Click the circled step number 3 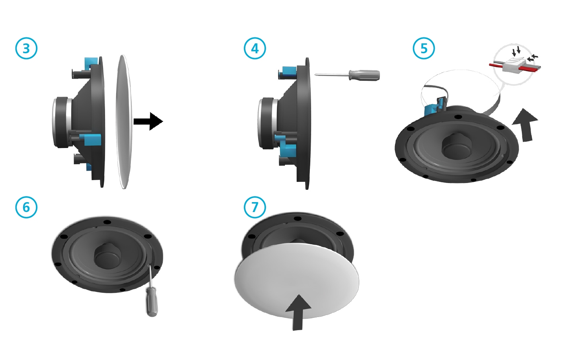click(26, 49)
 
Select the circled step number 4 click(255, 49)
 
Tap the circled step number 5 click(424, 49)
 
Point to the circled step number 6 click(26, 207)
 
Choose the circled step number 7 click(255, 207)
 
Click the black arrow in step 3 click(148, 121)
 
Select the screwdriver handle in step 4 click(364, 75)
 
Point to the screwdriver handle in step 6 click(152, 304)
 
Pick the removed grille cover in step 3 click(124, 122)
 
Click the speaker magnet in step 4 click(268, 123)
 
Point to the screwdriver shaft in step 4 click(332, 75)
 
